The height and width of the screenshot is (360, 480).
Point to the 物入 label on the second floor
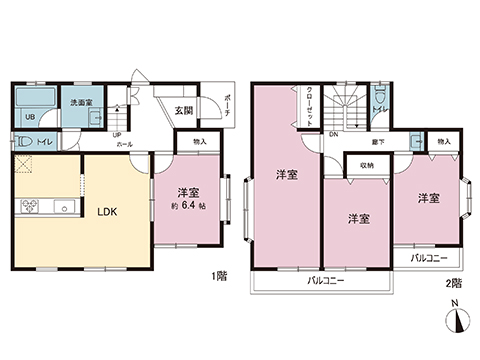(x=444, y=143)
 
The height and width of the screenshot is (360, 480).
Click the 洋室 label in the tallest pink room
(x=285, y=176)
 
